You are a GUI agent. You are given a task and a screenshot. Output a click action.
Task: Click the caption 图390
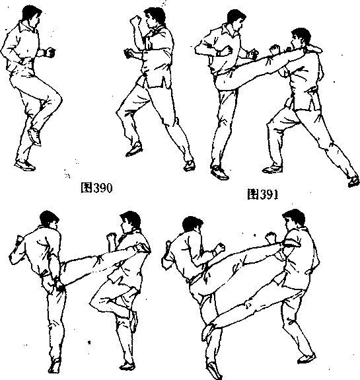96,188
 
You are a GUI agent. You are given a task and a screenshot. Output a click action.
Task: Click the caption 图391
263,194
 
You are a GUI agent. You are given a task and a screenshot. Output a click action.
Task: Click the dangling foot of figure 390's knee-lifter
34,136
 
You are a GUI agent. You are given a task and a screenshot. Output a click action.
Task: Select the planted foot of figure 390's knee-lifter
24,165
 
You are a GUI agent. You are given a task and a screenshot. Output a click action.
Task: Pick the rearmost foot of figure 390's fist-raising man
190,165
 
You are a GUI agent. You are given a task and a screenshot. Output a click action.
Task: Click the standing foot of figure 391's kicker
219,172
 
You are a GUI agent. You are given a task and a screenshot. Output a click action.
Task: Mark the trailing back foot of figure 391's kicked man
353,181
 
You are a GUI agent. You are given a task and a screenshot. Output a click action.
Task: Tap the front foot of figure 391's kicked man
273,169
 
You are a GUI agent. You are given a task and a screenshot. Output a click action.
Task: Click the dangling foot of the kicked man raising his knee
134,321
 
